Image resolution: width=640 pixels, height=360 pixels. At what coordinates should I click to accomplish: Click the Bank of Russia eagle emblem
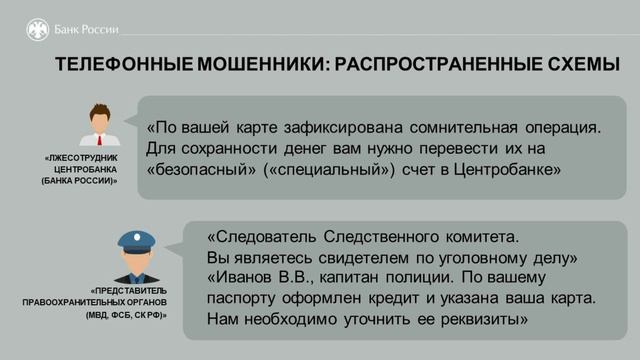pyautogui.click(x=36, y=29)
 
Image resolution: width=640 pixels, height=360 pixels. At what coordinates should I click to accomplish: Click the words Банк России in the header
pyautogui.click(x=84, y=29)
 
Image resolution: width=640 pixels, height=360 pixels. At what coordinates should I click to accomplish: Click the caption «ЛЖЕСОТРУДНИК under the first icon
pyautogui.click(x=81, y=158)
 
